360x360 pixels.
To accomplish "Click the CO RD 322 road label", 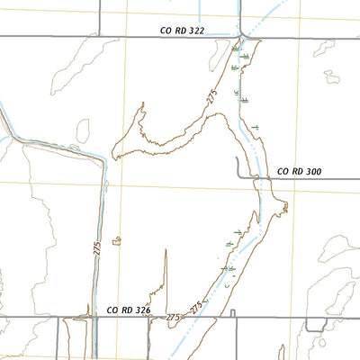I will pyautogui.click(x=182, y=30).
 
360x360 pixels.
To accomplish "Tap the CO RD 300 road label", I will pyautogui.click(x=299, y=170).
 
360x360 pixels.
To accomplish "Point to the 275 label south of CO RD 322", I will pyautogui.click(x=213, y=100).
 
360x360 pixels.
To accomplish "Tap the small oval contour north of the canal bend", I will pyautogui.click(x=83, y=131).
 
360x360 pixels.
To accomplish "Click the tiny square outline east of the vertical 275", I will pyautogui.click(x=117, y=241).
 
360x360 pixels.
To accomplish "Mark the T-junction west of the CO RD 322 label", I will pyautogui.click(x=97, y=37).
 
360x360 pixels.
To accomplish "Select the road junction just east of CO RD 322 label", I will pyautogui.click(x=240, y=37).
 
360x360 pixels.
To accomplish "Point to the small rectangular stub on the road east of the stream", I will pyautogui.click(x=232, y=313).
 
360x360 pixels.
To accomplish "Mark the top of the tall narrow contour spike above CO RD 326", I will pyautogui.click(x=166, y=251).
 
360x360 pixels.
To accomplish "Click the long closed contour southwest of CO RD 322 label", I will pyautogui.click(x=76, y=65).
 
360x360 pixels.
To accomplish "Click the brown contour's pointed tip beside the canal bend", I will pyautogui.click(x=140, y=105).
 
